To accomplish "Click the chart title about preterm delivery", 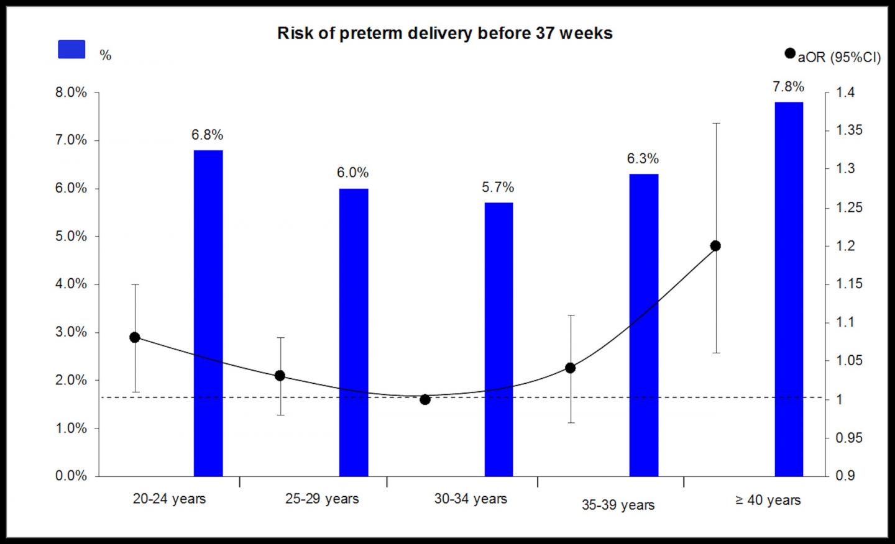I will (x=444, y=33).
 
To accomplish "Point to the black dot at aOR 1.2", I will (x=715, y=246).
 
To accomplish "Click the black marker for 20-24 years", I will (x=135, y=337).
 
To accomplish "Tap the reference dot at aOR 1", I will (x=425, y=399).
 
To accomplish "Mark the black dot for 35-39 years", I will (x=571, y=368).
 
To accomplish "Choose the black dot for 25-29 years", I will (x=280, y=376).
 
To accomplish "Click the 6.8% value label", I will (x=207, y=135).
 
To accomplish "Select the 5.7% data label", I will (x=498, y=188).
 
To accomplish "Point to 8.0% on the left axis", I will (x=71, y=93).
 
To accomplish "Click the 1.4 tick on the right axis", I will (x=845, y=93).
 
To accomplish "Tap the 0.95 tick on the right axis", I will (x=849, y=438).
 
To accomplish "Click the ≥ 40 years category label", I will (x=768, y=501).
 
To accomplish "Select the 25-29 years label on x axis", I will (x=322, y=499).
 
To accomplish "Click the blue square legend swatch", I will (x=71, y=50).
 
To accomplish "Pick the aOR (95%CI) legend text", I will (x=839, y=57).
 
